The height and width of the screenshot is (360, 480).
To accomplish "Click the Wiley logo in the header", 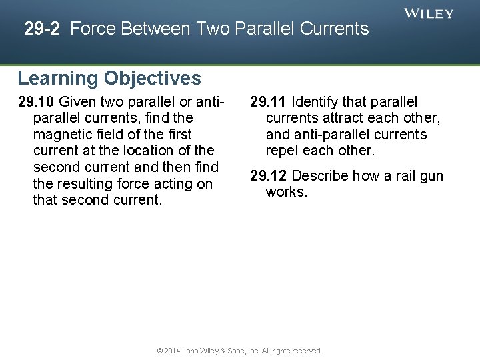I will [x=429, y=13].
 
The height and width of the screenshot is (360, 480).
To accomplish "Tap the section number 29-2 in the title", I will [x=44, y=29].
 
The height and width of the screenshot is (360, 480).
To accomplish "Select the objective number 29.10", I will [x=37, y=102].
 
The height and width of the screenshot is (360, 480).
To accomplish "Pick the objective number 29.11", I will [x=269, y=102].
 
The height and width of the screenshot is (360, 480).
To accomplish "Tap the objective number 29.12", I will [x=269, y=176].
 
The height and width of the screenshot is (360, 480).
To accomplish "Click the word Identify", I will [x=319, y=102].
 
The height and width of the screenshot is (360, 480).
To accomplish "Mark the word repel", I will [x=283, y=151].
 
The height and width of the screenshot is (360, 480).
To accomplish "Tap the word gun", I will [x=431, y=176].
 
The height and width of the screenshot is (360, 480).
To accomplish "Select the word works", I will [x=286, y=192].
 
